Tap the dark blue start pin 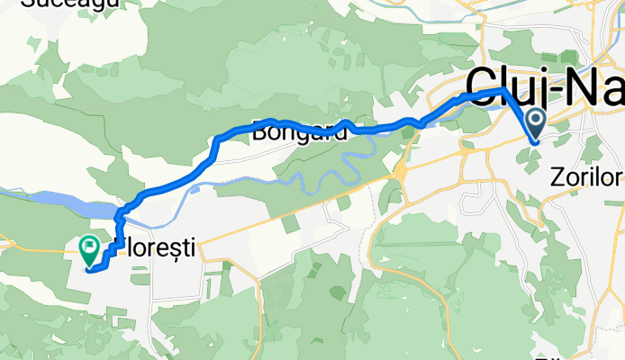pyautogui.click(x=535, y=121)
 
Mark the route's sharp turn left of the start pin pyautogui.click(x=503, y=91)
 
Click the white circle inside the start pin pyautogui.click(x=535, y=118)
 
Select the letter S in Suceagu pyautogui.click(x=24, y=4)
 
